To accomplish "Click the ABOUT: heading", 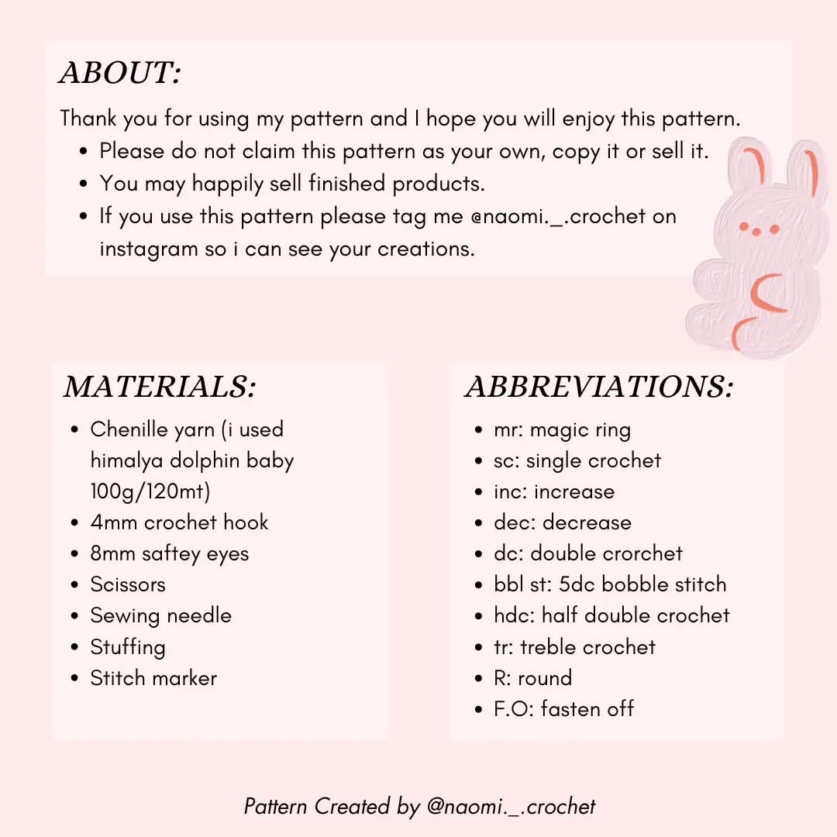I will (120, 74).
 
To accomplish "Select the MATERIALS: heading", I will (160, 387).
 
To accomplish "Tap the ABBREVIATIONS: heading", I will (599, 387).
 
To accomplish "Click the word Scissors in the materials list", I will (128, 584).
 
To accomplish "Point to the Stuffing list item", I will (128, 647).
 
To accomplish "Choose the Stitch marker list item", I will (153, 678).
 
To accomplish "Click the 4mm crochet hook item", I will (179, 522).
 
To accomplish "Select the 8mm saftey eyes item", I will (169, 553).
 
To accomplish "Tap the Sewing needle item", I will (160, 615).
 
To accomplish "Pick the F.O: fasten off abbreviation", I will (563, 708).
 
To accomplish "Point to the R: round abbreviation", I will (532, 677).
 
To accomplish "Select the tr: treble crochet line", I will (574, 646).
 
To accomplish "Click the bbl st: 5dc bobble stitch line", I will (610, 584).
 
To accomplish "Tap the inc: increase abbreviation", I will (553, 491).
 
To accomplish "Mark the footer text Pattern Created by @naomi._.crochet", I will (419, 806).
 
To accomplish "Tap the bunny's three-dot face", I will (758, 227).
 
